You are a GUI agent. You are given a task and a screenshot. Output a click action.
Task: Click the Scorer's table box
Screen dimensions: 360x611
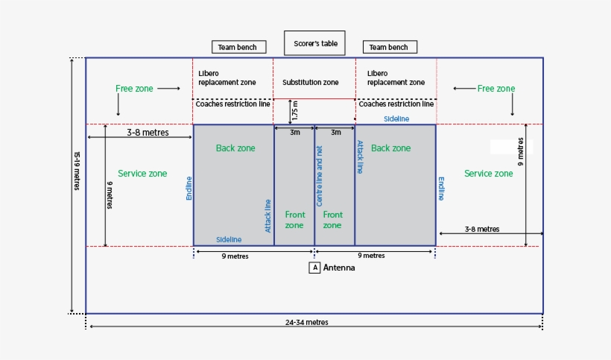coord(314,43)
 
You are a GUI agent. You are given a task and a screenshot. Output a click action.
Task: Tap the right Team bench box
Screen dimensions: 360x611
coord(390,47)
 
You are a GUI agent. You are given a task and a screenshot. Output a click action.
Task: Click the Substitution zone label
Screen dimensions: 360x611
coord(310,82)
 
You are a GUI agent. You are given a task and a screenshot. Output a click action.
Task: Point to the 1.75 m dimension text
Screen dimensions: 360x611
coord(295,111)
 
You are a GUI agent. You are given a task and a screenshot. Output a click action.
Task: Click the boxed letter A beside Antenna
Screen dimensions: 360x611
coord(315,268)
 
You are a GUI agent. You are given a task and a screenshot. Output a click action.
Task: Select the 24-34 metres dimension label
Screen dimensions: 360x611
coord(306,323)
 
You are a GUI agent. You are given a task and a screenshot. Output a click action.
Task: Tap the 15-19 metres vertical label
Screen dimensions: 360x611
coord(77,171)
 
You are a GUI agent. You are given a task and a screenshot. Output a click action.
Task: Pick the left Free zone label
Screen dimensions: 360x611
coord(134,89)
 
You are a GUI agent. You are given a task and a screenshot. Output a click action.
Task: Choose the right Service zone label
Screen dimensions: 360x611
coord(488,174)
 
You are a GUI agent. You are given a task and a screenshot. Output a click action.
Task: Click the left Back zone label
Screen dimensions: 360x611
coord(235,148)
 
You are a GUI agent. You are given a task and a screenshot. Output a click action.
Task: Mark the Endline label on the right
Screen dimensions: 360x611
coord(441,189)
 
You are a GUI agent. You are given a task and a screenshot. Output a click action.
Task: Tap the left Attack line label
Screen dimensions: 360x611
coord(268,215)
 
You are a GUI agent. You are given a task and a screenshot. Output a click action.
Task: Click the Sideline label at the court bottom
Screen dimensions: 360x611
coord(229,239)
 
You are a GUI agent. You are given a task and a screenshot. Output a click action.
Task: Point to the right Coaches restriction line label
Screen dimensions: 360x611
coord(396,104)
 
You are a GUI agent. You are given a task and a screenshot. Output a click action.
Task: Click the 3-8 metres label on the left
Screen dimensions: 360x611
coord(148,133)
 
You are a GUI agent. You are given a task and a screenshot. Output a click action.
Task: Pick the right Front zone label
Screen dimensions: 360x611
coord(332,220)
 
